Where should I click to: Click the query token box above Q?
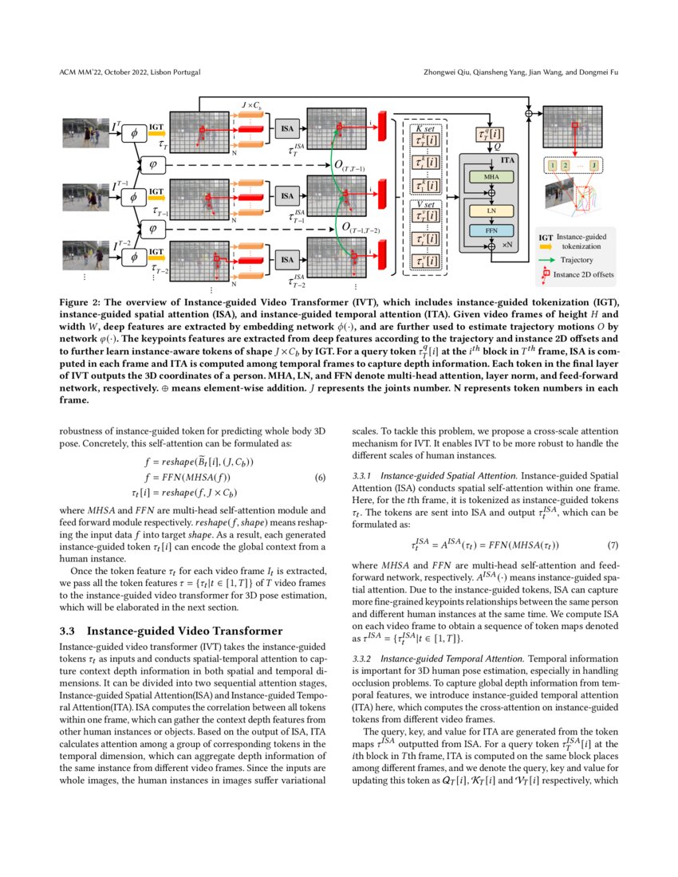[x=491, y=136]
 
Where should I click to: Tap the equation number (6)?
[x=320, y=478]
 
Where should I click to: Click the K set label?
[x=425, y=128]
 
